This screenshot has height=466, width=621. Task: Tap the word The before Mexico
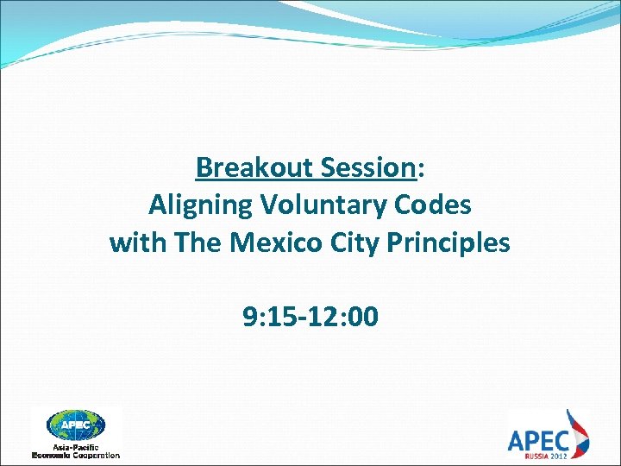click(198, 243)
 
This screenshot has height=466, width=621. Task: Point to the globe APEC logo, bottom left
click(75, 425)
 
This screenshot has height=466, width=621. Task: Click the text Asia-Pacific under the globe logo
click(76, 446)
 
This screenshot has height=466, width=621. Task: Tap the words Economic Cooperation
click(76, 455)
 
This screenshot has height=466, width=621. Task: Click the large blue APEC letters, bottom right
click(536, 439)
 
